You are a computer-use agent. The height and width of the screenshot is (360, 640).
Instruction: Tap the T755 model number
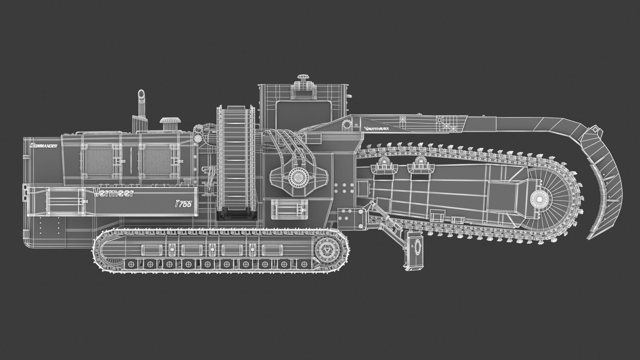[183, 203]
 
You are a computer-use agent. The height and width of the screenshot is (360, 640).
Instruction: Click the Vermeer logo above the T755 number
[113, 193]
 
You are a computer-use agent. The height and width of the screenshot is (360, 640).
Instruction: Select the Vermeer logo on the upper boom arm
[377, 128]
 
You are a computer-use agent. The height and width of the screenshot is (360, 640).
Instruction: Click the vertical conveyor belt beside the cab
[237, 159]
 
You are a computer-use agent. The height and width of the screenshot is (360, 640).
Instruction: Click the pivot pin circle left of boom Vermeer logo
[347, 124]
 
